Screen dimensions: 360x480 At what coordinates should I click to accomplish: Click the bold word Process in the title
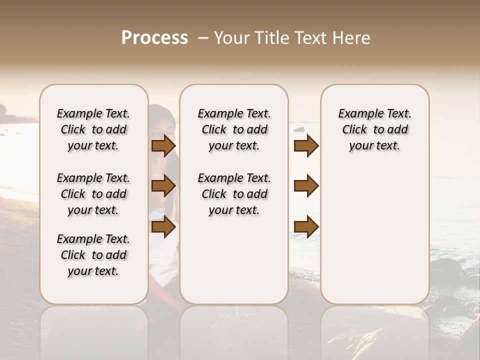tap(154, 38)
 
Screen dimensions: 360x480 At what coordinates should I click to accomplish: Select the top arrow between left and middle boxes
tap(163, 145)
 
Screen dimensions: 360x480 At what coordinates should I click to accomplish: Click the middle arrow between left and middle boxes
tap(163, 186)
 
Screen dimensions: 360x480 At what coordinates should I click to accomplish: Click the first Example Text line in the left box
tap(93, 113)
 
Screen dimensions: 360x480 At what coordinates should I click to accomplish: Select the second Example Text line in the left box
tap(93, 178)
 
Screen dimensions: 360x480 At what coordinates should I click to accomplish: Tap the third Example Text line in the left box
tap(93, 239)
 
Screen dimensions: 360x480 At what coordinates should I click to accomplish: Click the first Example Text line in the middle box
tap(234, 113)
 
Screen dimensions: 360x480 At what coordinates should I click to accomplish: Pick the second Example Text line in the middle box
tap(234, 178)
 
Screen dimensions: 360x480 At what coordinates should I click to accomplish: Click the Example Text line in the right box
tap(374, 113)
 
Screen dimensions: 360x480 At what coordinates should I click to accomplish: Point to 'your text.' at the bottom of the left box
tap(93, 271)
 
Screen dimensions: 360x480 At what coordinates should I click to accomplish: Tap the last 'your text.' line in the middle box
tap(234, 210)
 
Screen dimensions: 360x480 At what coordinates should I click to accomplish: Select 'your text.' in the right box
tap(374, 145)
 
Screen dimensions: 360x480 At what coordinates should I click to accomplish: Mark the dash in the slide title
tap(203, 38)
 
